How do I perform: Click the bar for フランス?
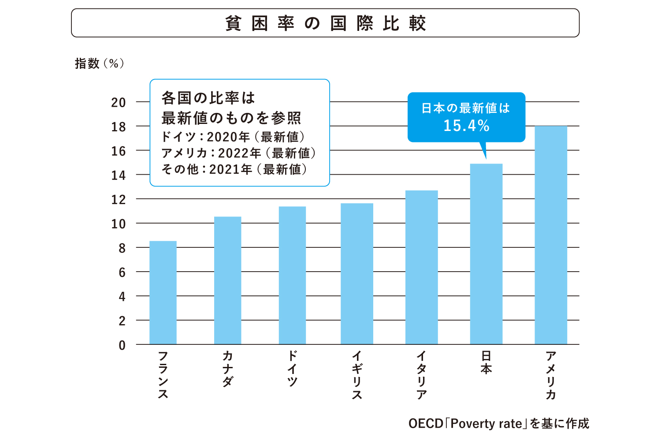[163, 293]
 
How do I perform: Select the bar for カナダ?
[227, 280]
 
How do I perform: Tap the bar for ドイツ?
[292, 276]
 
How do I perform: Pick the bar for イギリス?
[357, 274]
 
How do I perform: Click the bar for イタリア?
[421, 267]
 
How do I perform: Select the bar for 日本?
[486, 254]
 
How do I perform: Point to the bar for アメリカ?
[551, 235]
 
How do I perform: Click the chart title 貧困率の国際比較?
[325, 23]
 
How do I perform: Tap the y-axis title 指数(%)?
[100, 64]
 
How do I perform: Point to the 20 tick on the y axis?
[119, 103]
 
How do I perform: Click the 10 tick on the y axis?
[119, 224]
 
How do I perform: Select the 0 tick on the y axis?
[122, 345]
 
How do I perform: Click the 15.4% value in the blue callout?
[466, 126]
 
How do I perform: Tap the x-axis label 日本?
[486, 363]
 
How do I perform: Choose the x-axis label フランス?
[163, 375]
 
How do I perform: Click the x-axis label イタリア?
[421, 375]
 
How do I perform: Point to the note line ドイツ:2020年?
[233, 137]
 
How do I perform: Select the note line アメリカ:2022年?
[238, 153]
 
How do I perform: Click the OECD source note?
[498, 424]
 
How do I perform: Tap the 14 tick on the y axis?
[119, 176]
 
